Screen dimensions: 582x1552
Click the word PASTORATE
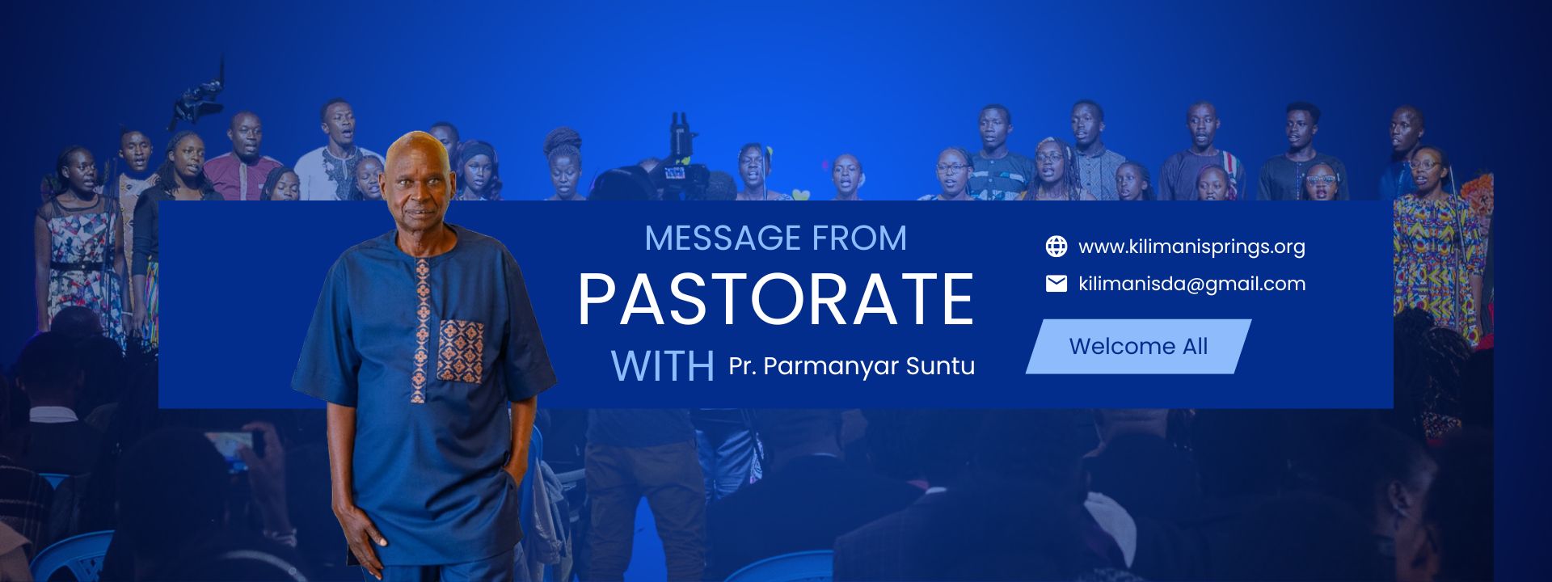click(x=775, y=299)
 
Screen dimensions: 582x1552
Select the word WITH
click(x=662, y=366)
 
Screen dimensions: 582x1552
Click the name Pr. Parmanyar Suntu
click(x=851, y=366)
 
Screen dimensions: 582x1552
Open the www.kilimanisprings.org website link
click(x=1191, y=247)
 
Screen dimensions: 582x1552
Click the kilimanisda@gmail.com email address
click(x=1191, y=284)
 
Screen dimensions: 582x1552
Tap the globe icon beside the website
click(x=1056, y=247)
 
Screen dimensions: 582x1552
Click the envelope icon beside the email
click(x=1056, y=284)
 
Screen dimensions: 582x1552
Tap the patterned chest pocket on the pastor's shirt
click(x=461, y=350)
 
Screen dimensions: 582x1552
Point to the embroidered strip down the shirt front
click(x=420, y=331)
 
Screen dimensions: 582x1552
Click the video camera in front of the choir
click(x=675, y=166)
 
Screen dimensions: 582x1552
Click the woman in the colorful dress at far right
click(x=1435, y=259)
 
